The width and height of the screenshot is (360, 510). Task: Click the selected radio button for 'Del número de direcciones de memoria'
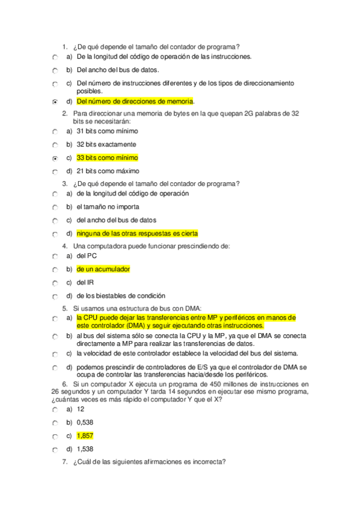pos(55,102)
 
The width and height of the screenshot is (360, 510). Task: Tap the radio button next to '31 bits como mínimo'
pos(55,131)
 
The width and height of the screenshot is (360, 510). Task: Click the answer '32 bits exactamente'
pos(106,144)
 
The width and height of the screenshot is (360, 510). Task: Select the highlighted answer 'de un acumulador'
pos(103,269)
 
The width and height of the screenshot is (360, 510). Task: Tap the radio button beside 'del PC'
pos(55,256)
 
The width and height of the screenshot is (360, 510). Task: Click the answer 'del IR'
pos(85,282)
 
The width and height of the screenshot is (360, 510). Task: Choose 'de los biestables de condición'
pos(120,295)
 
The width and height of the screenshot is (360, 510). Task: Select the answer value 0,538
pos(85,422)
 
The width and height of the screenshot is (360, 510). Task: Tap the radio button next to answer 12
pos(55,410)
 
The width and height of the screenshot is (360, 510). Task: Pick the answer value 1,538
pos(85,449)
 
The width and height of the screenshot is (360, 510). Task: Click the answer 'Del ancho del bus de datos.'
pos(117,70)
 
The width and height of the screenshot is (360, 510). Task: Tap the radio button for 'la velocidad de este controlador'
pos(55,354)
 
